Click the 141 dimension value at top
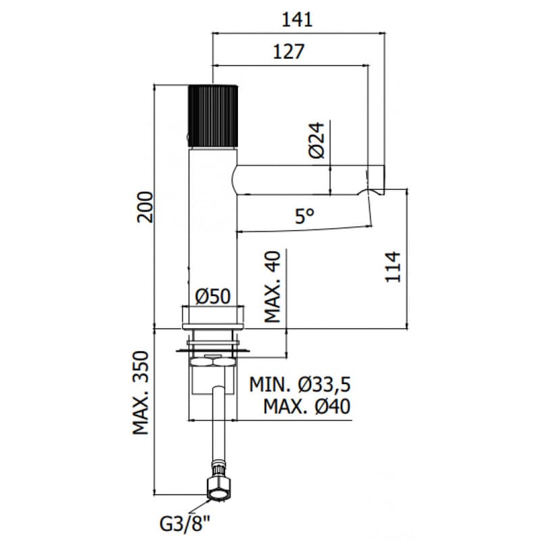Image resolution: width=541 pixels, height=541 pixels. point(298,20)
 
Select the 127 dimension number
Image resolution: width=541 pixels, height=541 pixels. point(289,52)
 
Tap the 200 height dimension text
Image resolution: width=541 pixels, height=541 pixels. point(145,207)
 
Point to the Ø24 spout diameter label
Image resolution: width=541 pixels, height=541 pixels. point(316,140)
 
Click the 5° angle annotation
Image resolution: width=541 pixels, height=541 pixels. point(305,216)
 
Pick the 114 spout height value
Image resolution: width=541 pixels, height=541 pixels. point(393,267)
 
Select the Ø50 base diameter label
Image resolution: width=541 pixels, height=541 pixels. point(213,296)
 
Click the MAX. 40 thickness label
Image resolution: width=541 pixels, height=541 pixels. point(273,287)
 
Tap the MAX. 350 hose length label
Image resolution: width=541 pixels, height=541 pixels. point(141,393)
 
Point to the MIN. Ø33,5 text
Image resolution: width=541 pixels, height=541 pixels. point(300,384)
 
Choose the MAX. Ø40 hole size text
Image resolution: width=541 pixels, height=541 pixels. point(307,406)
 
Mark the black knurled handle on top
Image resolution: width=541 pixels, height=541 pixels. point(212,116)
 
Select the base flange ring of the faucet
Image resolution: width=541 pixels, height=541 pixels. point(213,316)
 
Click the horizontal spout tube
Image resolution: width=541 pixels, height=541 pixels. point(304,180)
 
